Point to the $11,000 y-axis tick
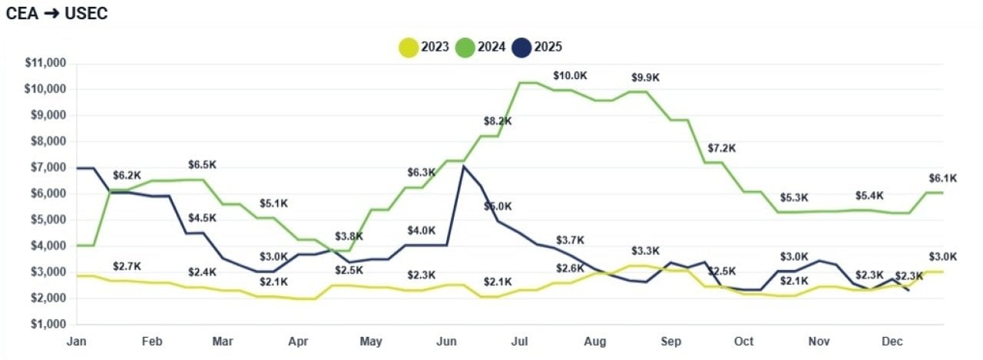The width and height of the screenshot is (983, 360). point(45,63)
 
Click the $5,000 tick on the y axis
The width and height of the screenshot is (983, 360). point(48,220)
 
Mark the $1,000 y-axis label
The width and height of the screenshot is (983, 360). point(48,324)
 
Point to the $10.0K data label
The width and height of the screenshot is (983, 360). point(569,76)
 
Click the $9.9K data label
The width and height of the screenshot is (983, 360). point(646,78)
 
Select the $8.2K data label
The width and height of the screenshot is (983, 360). point(498,121)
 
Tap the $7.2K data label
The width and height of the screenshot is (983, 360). point(721,147)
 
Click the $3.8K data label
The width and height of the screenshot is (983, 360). point(349,236)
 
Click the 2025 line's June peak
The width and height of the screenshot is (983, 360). point(462,166)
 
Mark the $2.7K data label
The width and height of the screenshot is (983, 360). point(127,266)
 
